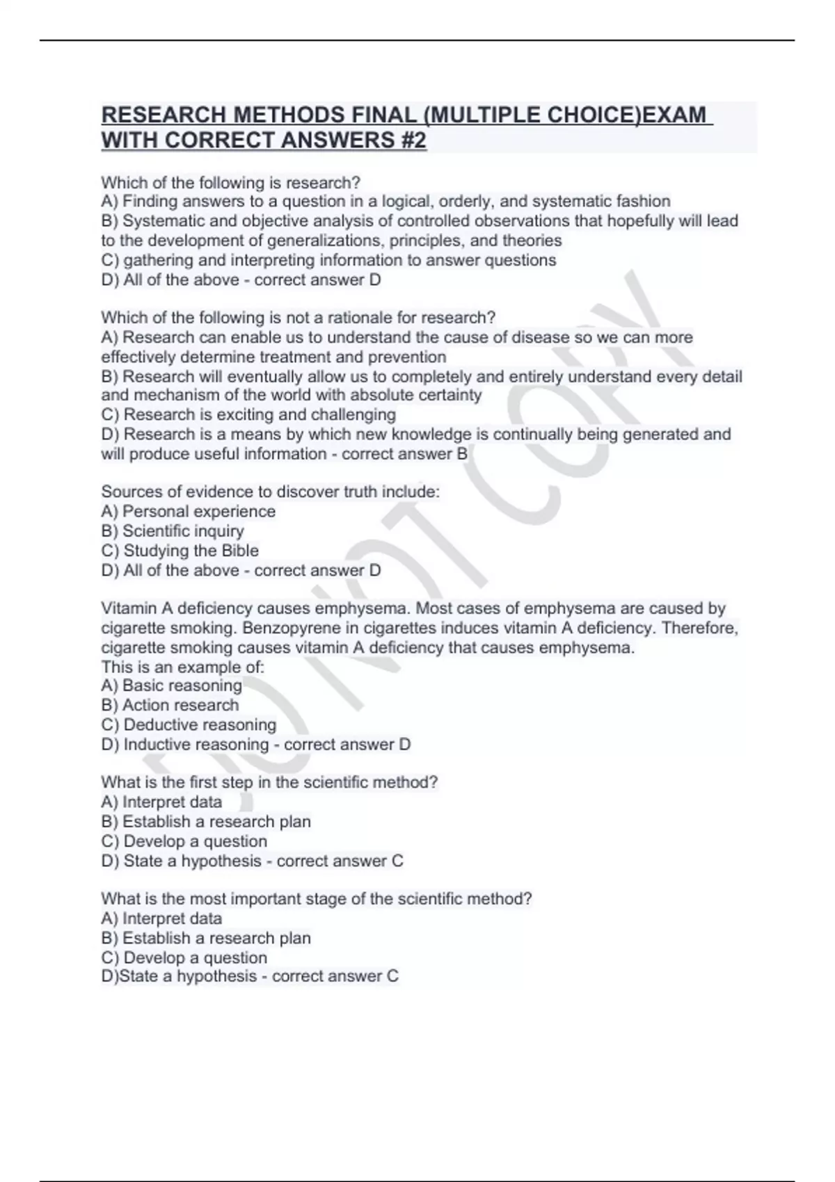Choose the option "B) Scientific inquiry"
pos(173,531)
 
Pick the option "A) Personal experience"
pos(189,512)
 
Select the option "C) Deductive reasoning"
pos(189,724)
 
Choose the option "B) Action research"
pos(170,705)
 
